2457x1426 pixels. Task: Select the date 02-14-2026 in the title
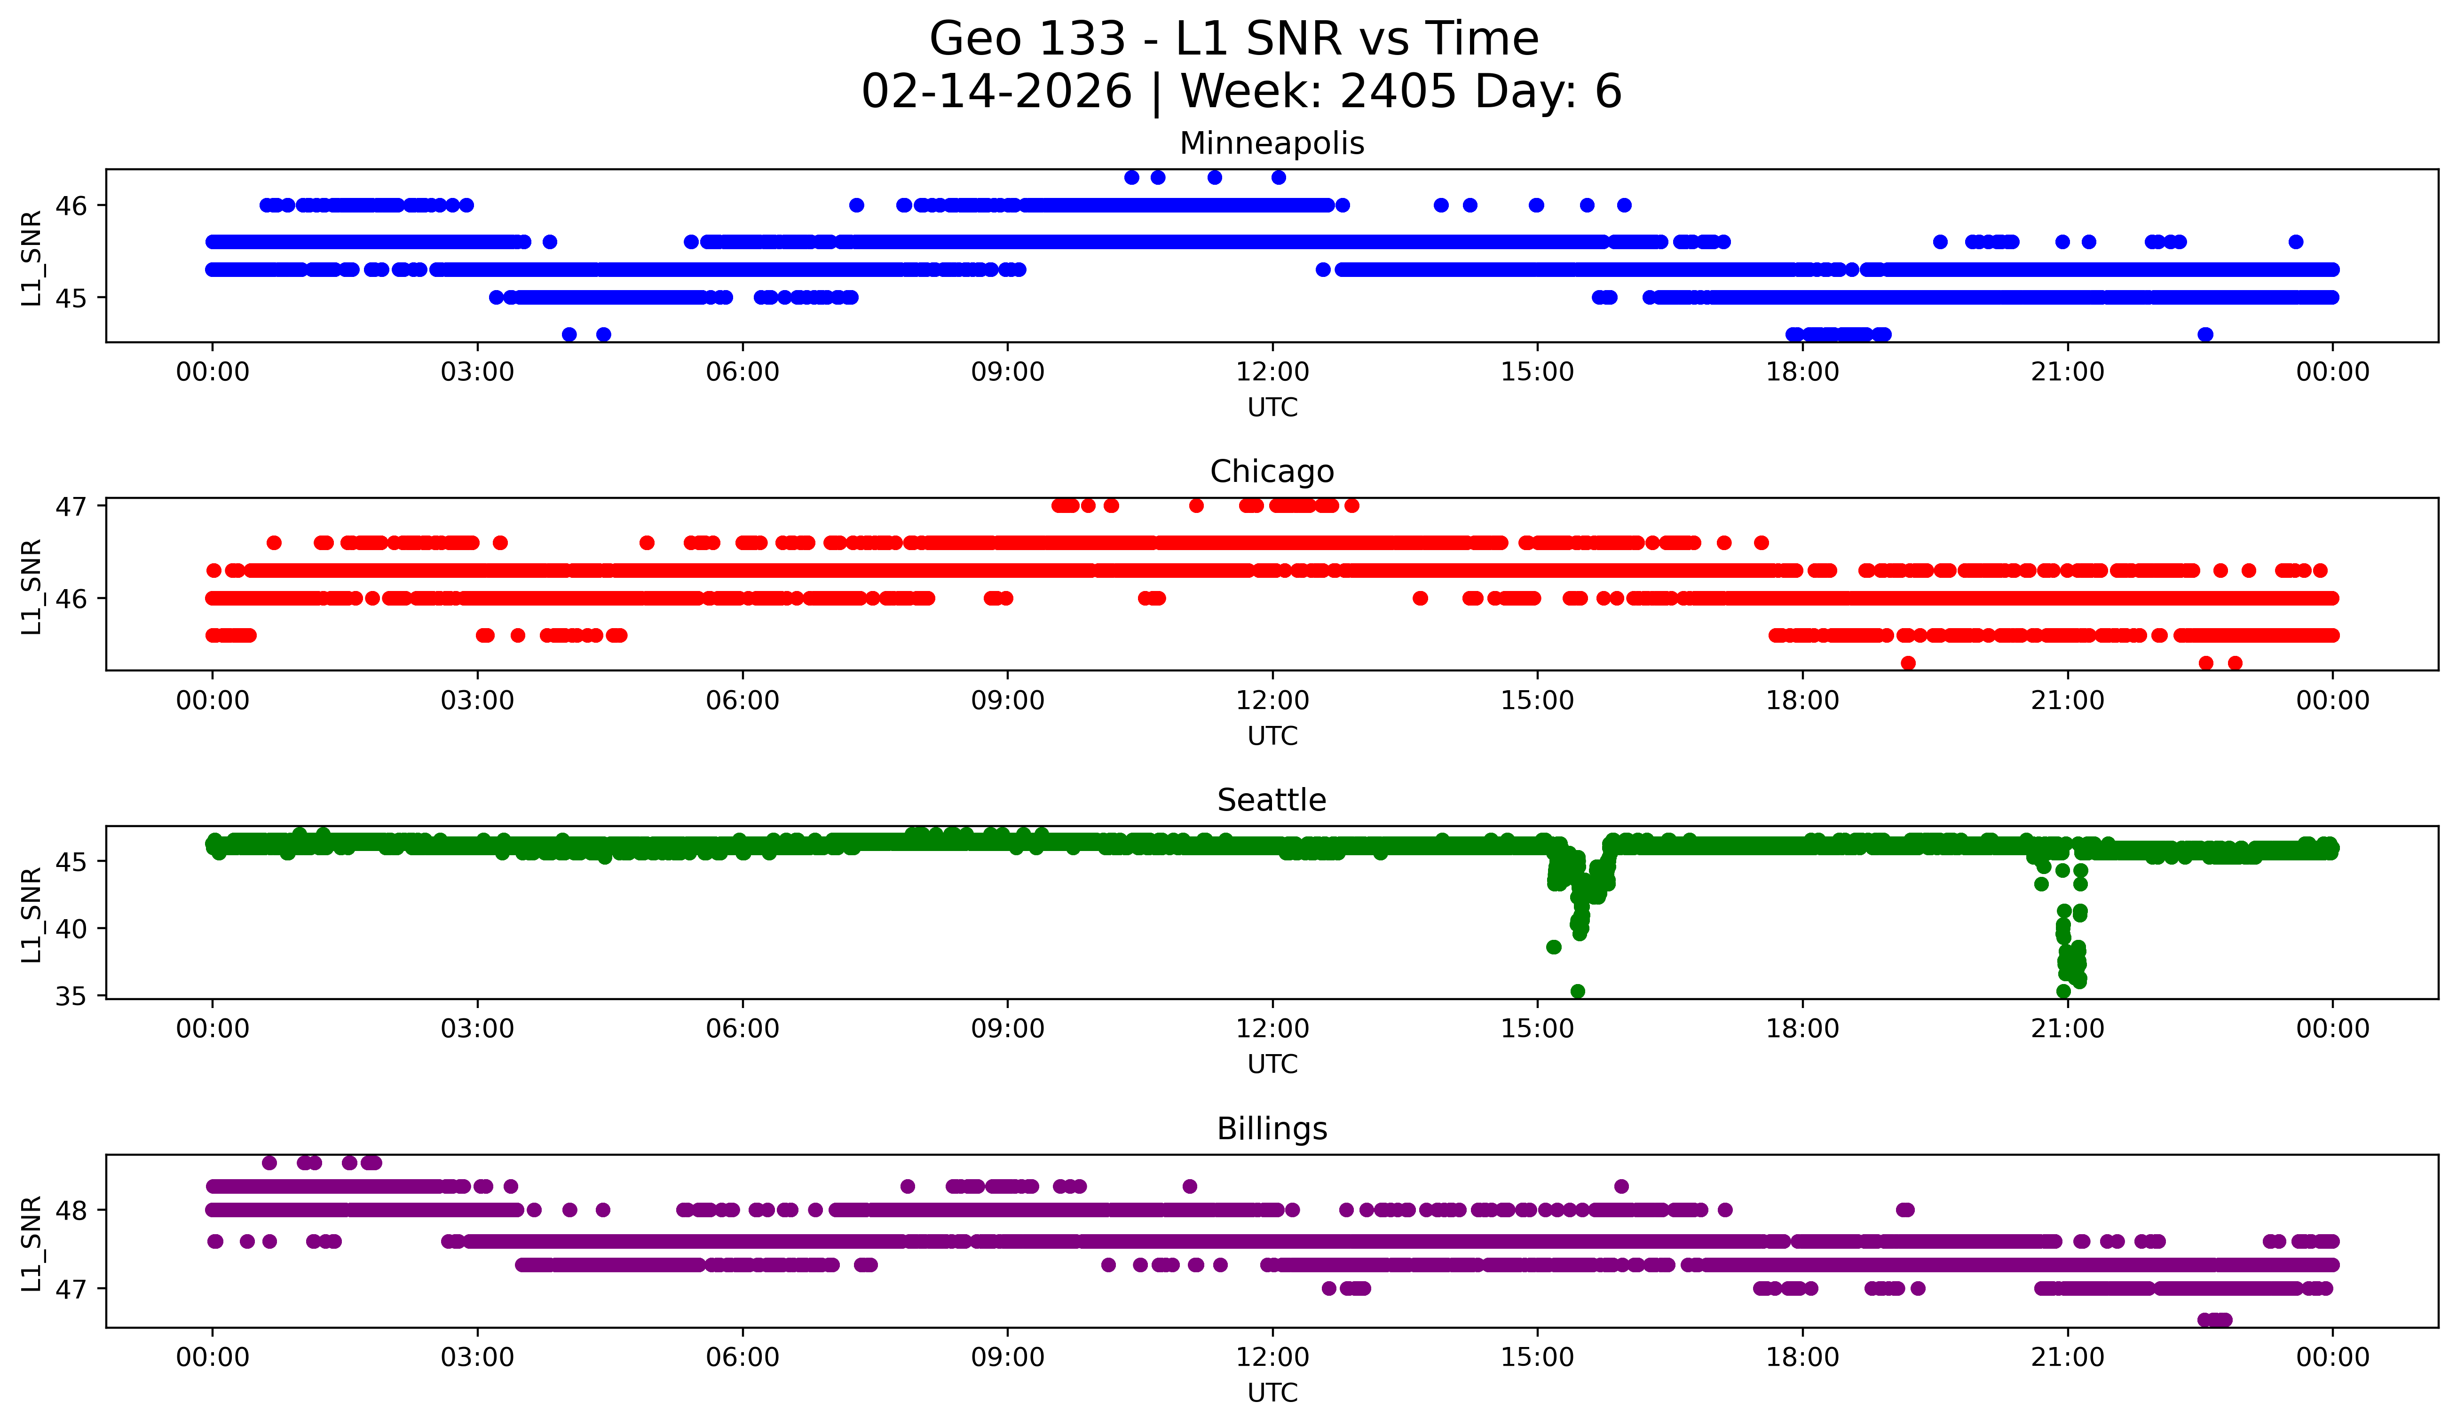point(996,92)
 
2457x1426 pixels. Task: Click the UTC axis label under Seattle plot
point(1272,1064)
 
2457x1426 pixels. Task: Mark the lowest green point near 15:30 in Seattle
point(1578,991)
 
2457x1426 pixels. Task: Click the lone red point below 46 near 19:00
point(1908,663)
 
